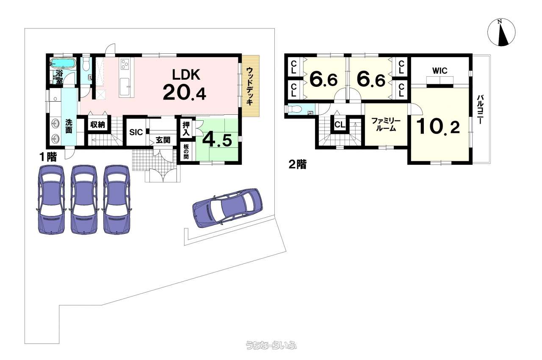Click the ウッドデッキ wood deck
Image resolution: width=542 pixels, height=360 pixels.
tap(250, 86)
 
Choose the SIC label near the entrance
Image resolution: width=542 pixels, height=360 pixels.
tap(136, 132)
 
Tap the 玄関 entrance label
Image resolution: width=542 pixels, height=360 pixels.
tap(163, 140)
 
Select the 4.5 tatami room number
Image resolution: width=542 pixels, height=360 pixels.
tap(217, 140)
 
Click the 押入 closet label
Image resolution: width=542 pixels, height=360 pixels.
tap(186, 129)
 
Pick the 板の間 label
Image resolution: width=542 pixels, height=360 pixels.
tap(186, 152)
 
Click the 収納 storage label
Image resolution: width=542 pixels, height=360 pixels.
tap(97, 125)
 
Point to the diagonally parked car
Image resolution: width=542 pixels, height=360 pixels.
tap(227, 208)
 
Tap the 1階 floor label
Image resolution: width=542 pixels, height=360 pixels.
tap(48, 158)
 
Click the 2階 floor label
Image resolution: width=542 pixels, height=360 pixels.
tap(298, 165)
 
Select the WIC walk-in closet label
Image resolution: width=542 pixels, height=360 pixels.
tap(440, 71)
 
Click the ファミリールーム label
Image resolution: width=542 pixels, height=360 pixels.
tap(386, 125)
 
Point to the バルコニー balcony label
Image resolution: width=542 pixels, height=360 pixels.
tap(479, 109)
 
